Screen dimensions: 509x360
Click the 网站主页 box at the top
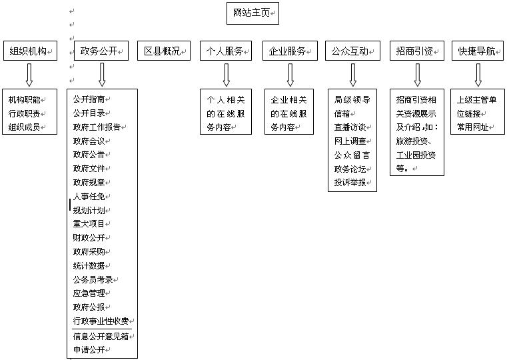(x=253, y=13)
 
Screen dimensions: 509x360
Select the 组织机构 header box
(x=30, y=51)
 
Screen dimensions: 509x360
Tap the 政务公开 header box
(x=101, y=51)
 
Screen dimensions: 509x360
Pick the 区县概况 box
(x=164, y=51)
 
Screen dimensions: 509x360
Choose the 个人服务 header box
(x=226, y=51)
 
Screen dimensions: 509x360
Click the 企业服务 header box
(x=290, y=51)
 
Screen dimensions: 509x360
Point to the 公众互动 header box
(x=352, y=51)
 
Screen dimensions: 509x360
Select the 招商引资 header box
(x=417, y=51)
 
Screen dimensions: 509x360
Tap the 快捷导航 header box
(x=478, y=51)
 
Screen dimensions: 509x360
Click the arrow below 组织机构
(x=29, y=75)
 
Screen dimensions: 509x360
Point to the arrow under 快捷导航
(x=478, y=75)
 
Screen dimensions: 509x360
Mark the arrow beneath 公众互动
(x=353, y=75)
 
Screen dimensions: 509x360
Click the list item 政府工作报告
(x=97, y=127)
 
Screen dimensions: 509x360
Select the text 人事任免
(x=89, y=197)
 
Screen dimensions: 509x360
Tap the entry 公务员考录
(x=93, y=280)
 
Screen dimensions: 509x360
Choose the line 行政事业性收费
(x=101, y=321)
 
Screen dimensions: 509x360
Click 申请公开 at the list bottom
(x=89, y=349)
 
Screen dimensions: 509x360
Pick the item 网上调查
(x=350, y=141)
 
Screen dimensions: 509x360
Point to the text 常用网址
(x=472, y=127)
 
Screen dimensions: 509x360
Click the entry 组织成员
(x=25, y=127)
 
